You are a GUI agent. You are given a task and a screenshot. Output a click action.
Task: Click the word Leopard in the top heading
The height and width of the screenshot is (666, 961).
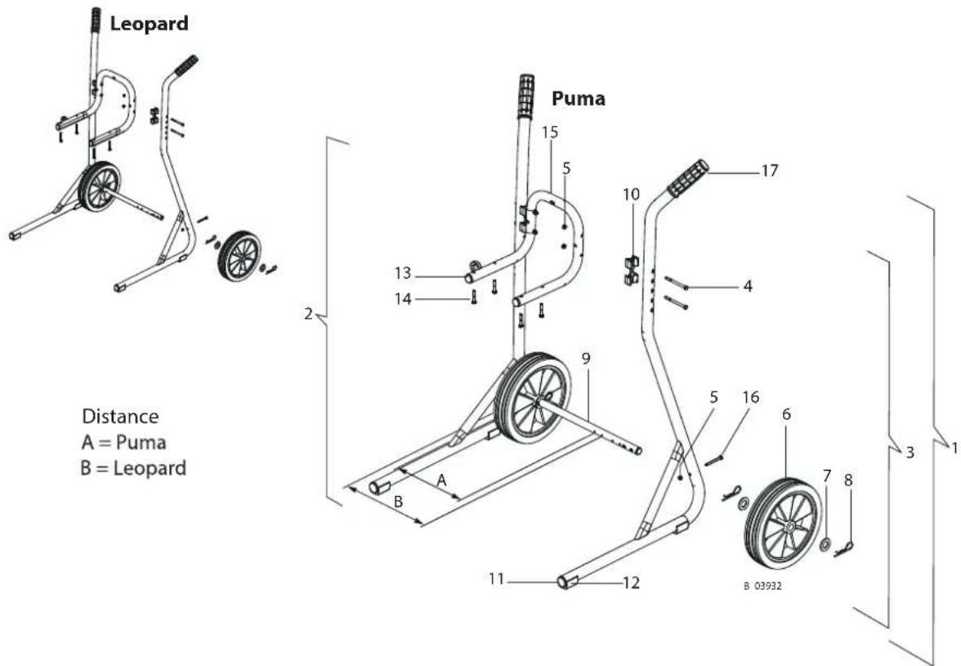(x=149, y=24)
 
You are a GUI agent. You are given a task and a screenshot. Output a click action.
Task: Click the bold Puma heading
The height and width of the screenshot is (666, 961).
(x=579, y=98)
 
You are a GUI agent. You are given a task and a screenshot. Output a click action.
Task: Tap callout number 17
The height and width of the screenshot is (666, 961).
(x=770, y=170)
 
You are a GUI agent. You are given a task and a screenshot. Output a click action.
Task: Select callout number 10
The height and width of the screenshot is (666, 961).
(x=631, y=194)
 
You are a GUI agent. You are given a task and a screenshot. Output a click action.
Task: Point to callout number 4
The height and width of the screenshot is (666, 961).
(x=748, y=285)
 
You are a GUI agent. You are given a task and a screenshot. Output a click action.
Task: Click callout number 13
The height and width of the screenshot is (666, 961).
(x=403, y=273)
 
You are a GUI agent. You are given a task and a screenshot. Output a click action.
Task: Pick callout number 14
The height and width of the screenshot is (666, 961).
(x=403, y=299)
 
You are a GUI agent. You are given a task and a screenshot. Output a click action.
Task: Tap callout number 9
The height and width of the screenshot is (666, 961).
(x=586, y=359)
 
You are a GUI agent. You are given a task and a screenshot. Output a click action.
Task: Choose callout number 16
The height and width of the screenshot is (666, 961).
(x=751, y=397)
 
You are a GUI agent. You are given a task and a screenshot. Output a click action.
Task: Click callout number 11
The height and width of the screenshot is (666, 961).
(x=497, y=579)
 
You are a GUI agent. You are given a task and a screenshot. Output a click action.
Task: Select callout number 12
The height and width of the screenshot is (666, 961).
(x=631, y=583)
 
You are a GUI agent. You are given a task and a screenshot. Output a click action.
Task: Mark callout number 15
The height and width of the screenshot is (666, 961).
(x=551, y=132)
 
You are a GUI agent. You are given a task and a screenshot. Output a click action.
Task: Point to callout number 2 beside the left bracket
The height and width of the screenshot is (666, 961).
(x=308, y=314)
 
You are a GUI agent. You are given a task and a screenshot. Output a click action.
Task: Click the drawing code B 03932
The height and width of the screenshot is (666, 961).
(x=763, y=586)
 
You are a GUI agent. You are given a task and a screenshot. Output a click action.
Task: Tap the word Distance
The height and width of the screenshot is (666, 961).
(x=120, y=417)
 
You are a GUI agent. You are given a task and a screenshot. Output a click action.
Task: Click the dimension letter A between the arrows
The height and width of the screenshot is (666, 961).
(x=441, y=481)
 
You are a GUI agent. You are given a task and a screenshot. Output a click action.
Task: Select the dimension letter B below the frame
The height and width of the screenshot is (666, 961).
(x=398, y=502)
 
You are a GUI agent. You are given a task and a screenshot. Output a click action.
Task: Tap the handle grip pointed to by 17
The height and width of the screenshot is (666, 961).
(x=688, y=178)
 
